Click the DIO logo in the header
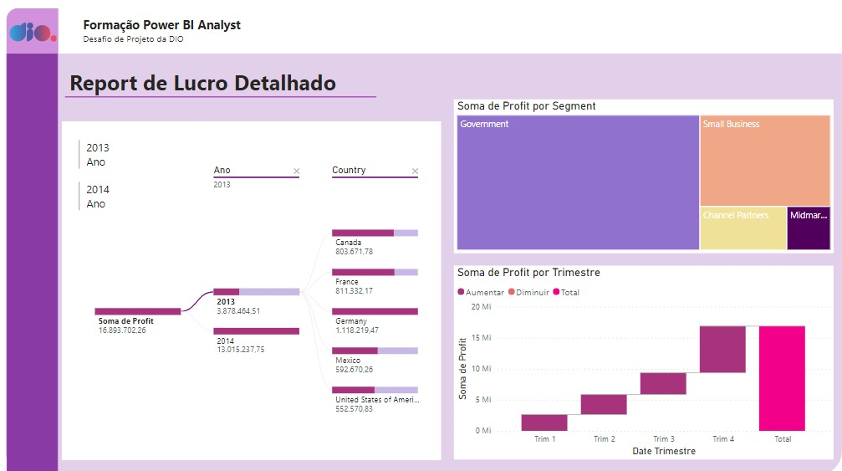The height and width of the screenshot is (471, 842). click(33, 33)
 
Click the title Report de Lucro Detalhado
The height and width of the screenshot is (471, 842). click(202, 84)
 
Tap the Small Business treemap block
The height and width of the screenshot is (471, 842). click(765, 160)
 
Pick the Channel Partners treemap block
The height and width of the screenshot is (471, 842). click(743, 228)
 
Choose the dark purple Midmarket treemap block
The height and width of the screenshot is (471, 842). click(809, 228)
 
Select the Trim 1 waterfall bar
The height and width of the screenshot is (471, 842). click(544, 422)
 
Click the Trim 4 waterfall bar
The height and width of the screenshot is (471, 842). click(722, 349)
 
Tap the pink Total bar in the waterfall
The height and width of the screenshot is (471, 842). click(782, 378)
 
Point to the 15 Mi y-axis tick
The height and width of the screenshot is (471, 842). click(481, 338)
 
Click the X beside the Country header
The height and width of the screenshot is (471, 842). click(415, 172)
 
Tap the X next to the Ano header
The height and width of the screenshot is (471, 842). click(296, 172)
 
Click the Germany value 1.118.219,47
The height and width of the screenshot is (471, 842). click(357, 330)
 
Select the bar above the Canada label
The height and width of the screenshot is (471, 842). click(375, 233)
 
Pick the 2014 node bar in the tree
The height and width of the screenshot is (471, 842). click(256, 331)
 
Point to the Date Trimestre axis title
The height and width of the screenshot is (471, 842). click(663, 451)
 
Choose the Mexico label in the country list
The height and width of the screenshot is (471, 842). click(348, 361)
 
